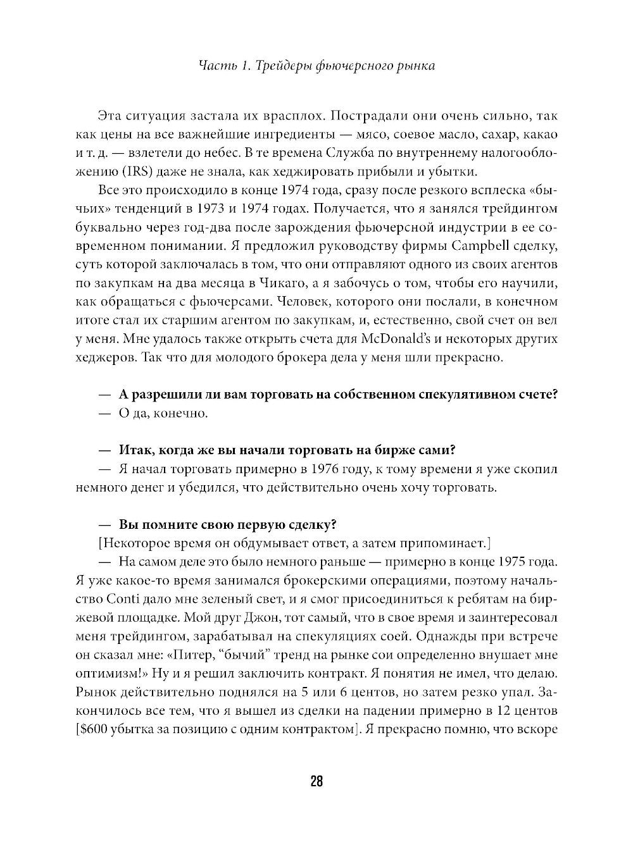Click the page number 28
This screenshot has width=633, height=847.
(316, 781)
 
